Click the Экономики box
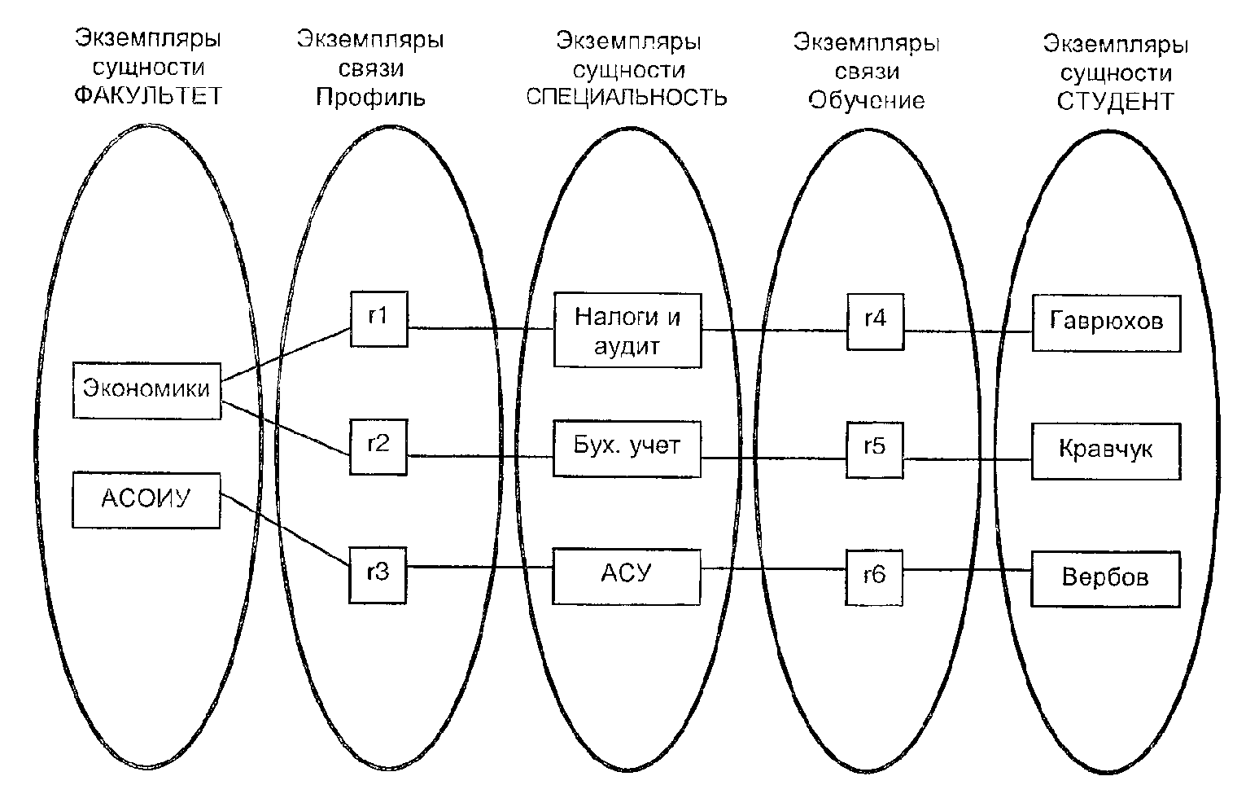tap(146, 390)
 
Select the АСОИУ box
tap(146, 498)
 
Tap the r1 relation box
tap(378, 318)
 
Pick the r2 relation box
tap(378, 446)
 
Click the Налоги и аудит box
tap(627, 330)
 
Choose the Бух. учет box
tap(627, 448)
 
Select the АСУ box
tap(627, 576)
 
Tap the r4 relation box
tap(875, 320)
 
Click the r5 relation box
tap(875, 449)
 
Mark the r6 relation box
tap(875, 577)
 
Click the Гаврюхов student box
tap(1106, 322)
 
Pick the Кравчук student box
tap(1106, 450)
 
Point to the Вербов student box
tap(1106, 578)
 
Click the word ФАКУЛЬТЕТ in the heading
tap(148, 96)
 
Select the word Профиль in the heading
tap(370, 98)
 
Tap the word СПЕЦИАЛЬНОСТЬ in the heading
tap(627, 98)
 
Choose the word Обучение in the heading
tap(867, 100)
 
